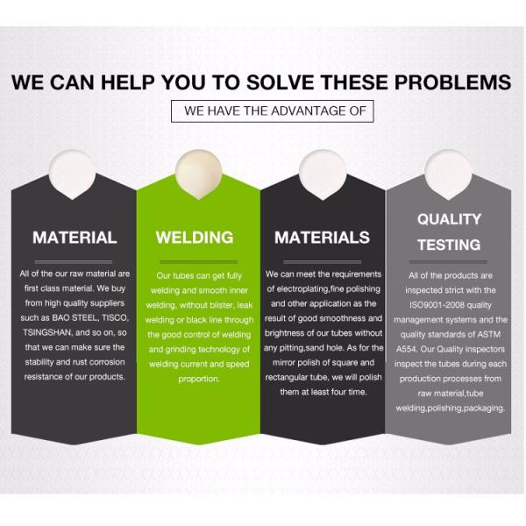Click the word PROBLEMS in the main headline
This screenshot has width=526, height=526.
tap(452, 82)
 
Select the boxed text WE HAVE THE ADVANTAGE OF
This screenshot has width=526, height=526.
tap(274, 111)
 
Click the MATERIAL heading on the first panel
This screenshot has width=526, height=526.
tap(75, 238)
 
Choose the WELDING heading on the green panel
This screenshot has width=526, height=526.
tap(195, 238)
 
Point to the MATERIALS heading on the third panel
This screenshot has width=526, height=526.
tap(322, 238)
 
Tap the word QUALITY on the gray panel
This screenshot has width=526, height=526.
tap(449, 219)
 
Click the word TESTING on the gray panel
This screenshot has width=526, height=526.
tap(449, 245)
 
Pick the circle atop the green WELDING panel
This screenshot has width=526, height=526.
tap(199, 174)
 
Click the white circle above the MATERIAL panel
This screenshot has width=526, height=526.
tap(72, 174)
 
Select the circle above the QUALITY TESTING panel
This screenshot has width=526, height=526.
tap(448, 174)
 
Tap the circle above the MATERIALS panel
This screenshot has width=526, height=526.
tap(323, 174)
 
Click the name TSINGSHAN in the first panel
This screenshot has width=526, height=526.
tap(47, 333)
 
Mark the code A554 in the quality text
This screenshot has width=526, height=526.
tap(406, 349)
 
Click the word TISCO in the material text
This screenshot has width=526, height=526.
tap(116, 318)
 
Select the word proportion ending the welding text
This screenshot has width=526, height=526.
tap(199, 380)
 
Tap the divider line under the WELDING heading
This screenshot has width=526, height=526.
tap(199, 262)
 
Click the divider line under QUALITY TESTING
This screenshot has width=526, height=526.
tap(448, 262)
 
